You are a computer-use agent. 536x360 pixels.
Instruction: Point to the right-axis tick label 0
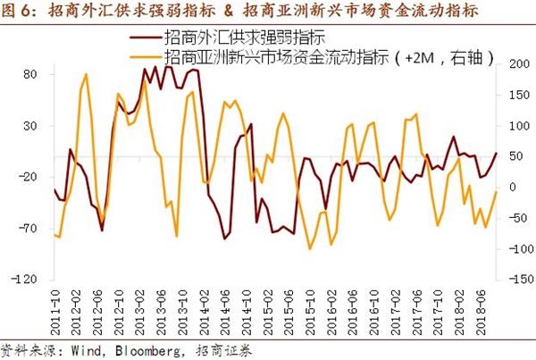point(511,187)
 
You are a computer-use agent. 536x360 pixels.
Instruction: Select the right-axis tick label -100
point(515,248)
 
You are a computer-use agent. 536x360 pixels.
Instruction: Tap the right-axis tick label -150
point(515,280)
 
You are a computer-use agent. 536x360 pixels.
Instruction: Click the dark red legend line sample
point(146,39)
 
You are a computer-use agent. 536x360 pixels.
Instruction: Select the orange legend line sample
point(146,57)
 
